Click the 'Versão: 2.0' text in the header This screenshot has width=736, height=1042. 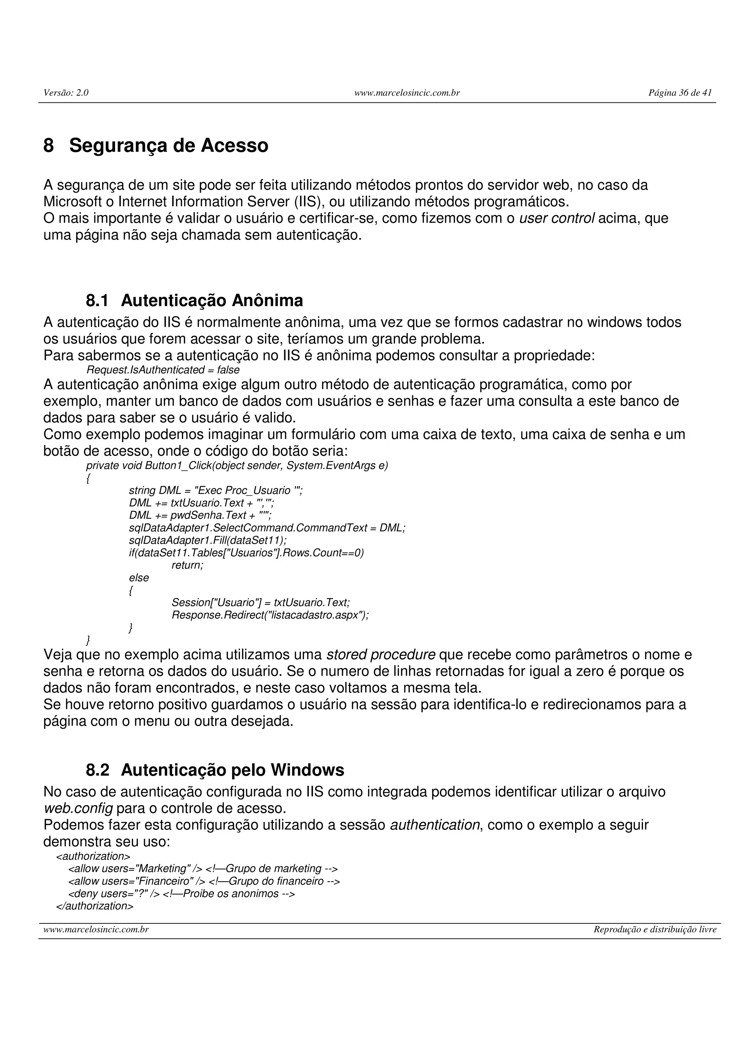[66, 93]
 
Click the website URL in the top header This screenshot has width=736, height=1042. [407, 93]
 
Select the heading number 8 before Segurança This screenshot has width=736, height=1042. [49, 146]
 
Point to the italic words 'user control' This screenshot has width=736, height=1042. [556, 218]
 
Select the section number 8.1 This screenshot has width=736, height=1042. [97, 301]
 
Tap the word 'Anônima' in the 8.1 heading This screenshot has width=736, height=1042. [267, 301]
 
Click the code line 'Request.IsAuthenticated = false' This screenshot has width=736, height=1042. [163, 370]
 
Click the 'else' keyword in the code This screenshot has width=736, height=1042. [139, 578]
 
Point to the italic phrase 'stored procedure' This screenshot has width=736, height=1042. [381, 655]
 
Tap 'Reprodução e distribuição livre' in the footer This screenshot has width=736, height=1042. [654, 929]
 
